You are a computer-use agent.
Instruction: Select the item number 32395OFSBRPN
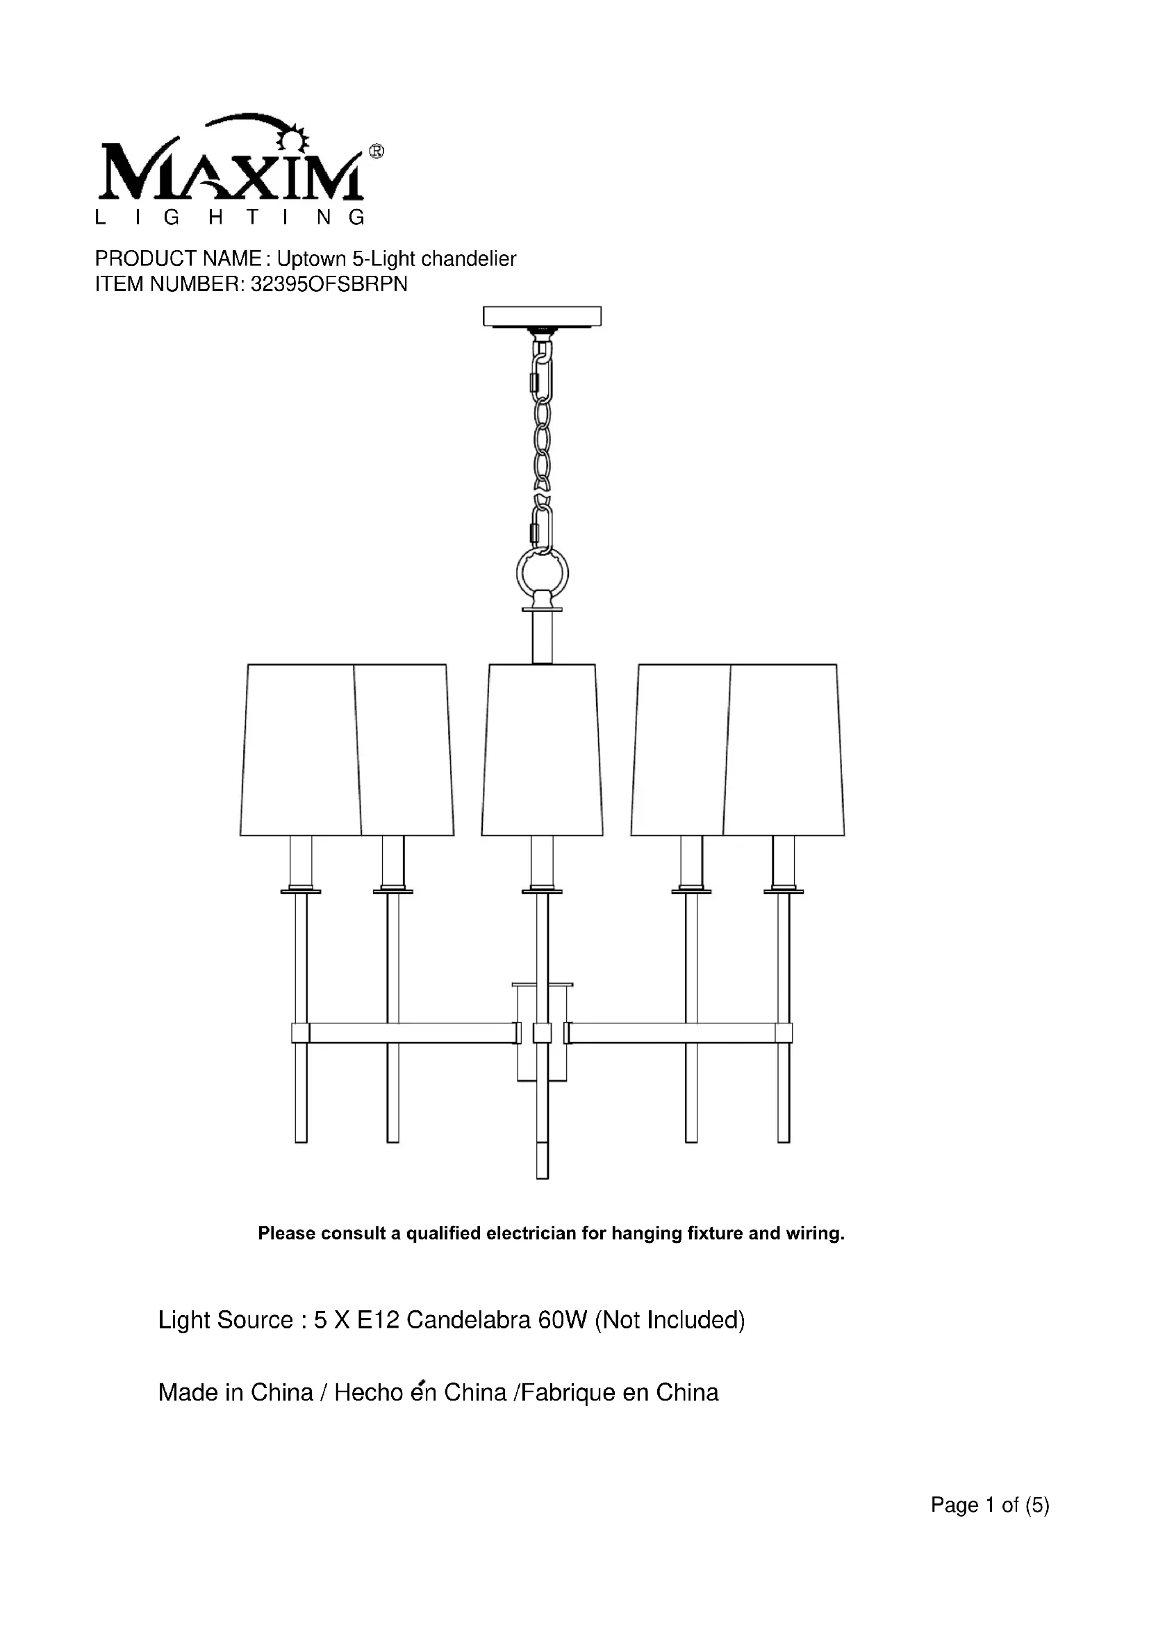point(329,285)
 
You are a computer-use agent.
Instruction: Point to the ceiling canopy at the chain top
point(542,315)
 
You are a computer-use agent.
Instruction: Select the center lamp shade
point(542,750)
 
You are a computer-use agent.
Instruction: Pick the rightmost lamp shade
point(784,750)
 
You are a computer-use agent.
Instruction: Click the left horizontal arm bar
point(411,1033)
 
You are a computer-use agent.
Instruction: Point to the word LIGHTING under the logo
point(230,217)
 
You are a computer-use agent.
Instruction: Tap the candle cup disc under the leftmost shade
point(301,891)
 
